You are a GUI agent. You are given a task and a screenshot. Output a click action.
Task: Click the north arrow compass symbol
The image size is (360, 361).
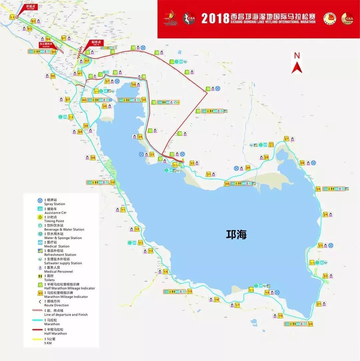296,63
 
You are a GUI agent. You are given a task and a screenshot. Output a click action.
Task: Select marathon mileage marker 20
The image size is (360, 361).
311,324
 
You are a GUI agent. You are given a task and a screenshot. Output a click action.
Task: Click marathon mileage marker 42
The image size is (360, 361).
87,61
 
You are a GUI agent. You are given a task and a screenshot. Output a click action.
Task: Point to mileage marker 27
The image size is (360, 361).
286,139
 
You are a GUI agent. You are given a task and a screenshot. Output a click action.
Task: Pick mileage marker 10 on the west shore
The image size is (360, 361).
113,182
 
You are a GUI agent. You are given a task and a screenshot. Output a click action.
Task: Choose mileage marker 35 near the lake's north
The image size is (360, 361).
144,100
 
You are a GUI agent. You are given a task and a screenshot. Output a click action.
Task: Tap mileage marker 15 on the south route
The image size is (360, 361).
190,291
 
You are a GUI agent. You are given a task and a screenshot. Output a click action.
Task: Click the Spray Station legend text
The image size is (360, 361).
54,204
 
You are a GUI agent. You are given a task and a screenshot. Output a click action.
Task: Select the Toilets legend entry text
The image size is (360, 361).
49,280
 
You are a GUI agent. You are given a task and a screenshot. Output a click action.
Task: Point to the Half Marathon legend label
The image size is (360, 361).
55,333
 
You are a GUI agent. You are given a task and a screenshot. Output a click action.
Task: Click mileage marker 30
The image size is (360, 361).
227,184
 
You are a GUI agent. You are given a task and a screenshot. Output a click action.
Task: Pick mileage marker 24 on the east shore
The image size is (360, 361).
325,215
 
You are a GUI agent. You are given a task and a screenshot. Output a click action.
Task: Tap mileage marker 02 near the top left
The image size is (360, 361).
33,21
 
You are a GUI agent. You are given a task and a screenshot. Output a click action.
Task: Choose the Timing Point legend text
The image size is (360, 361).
54,221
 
